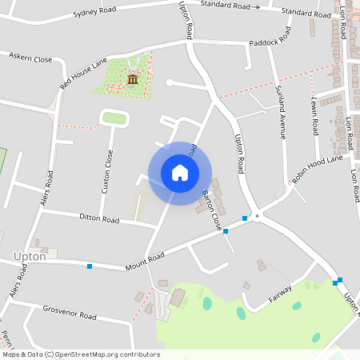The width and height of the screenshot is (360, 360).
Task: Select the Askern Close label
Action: [x=30, y=59]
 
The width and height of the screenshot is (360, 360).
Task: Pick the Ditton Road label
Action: [x=99, y=218]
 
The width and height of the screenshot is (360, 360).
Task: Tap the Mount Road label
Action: [x=145, y=258]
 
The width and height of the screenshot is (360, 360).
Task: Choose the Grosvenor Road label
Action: [x=70, y=312]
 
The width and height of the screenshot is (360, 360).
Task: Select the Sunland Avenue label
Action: [x=281, y=112]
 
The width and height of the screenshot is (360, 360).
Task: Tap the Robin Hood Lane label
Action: [x=317, y=170]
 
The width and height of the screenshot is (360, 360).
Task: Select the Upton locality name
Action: [x=30, y=257]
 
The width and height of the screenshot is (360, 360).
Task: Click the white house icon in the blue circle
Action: [x=180, y=173]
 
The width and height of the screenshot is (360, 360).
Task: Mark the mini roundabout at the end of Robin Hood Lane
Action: [x=257, y=215]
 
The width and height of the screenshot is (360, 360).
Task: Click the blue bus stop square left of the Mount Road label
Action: [x=90, y=266]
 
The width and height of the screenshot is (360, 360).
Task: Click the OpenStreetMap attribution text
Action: [x=81, y=354]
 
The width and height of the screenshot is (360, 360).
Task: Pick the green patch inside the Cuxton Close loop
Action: [x=114, y=118]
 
